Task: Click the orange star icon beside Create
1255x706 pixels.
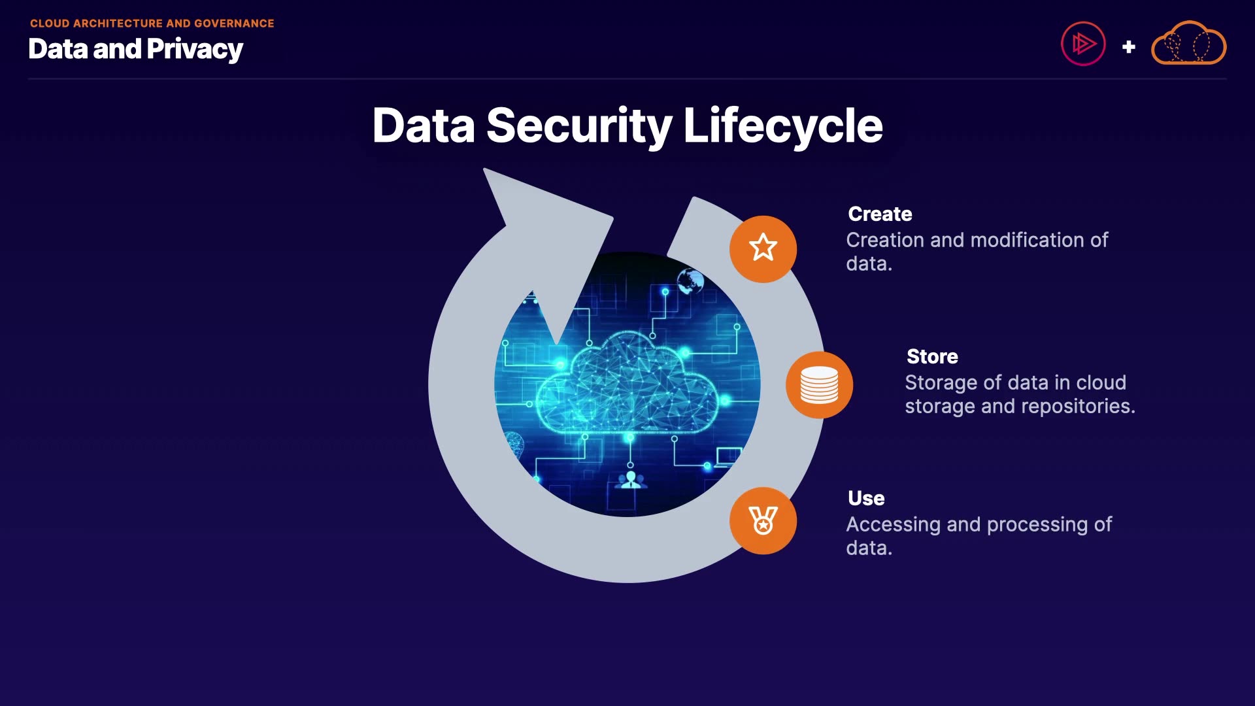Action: click(763, 248)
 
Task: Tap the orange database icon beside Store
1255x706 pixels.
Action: click(819, 384)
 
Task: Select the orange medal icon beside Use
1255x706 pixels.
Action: click(763, 521)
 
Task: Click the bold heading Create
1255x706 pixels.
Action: click(880, 214)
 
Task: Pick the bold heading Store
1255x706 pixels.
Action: click(932, 356)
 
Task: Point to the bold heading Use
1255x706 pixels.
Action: click(866, 498)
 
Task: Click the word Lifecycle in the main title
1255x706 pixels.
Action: click(782, 126)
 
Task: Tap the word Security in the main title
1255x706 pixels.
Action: click(579, 126)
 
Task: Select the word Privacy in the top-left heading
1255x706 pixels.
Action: click(195, 49)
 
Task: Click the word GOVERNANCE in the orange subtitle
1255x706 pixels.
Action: click(234, 24)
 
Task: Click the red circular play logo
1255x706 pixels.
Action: click(1083, 44)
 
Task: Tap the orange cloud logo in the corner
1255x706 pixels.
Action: click(1188, 44)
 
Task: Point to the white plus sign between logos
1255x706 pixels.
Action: click(1128, 47)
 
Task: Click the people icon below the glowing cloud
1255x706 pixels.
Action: click(631, 480)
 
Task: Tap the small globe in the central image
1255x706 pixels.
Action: click(690, 282)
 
